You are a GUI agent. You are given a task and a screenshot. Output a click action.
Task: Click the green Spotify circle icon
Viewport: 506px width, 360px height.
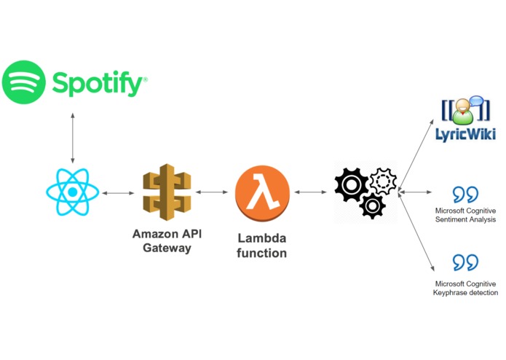[23, 82]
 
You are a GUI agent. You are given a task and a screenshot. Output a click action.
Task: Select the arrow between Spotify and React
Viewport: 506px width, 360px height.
[73, 138]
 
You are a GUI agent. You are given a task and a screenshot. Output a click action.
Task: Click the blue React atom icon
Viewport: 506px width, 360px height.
[73, 192]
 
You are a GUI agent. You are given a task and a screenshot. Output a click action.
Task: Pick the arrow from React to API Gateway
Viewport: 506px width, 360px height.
[118, 193]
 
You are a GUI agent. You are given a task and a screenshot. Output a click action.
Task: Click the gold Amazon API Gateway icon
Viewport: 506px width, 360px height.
[167, 192]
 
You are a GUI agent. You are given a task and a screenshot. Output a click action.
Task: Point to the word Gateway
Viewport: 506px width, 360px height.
[167, 248]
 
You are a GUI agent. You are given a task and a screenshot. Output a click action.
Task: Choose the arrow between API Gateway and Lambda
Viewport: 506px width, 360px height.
[212, 192]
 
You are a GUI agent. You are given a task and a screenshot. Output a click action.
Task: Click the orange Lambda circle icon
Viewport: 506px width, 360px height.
[262, 193]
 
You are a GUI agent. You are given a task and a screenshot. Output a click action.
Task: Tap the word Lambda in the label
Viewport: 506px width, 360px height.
[261, 238]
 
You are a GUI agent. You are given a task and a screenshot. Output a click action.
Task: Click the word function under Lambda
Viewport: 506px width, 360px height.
[261, 253]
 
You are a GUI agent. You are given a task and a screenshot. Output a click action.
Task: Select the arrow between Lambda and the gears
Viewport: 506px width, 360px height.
[310, 192]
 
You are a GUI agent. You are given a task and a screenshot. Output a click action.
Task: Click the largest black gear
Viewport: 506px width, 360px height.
[351, 184]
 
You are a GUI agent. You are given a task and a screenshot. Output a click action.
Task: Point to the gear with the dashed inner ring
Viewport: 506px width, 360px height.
[383, 181]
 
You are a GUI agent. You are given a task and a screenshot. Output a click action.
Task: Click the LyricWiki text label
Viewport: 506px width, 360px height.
[466, 134]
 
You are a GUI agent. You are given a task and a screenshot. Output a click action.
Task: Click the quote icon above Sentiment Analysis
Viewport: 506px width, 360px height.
[465, 195]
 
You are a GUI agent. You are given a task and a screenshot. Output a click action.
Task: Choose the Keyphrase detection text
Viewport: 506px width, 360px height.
[465, 292]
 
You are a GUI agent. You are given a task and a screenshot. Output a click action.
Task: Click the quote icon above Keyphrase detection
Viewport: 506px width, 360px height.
[465, 262]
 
